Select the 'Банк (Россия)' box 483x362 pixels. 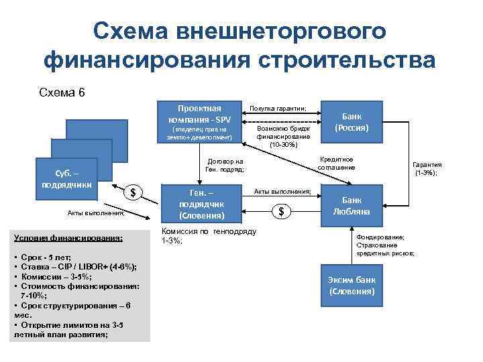click(352, 121)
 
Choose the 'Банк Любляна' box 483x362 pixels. click(352, 205)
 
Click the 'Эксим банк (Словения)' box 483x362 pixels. click(352, 286)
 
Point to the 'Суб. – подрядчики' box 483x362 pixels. click(67, 180)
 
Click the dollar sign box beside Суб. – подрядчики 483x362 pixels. click(133, 193)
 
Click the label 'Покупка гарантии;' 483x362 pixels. click(278, 108)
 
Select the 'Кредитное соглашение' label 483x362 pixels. click(336, 163)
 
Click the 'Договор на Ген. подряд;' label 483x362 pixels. click(225, 165)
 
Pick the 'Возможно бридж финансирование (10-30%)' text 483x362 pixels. click(277, 136)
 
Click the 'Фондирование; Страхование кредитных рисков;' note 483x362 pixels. click(385, 245)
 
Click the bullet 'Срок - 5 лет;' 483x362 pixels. click(46, 257)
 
